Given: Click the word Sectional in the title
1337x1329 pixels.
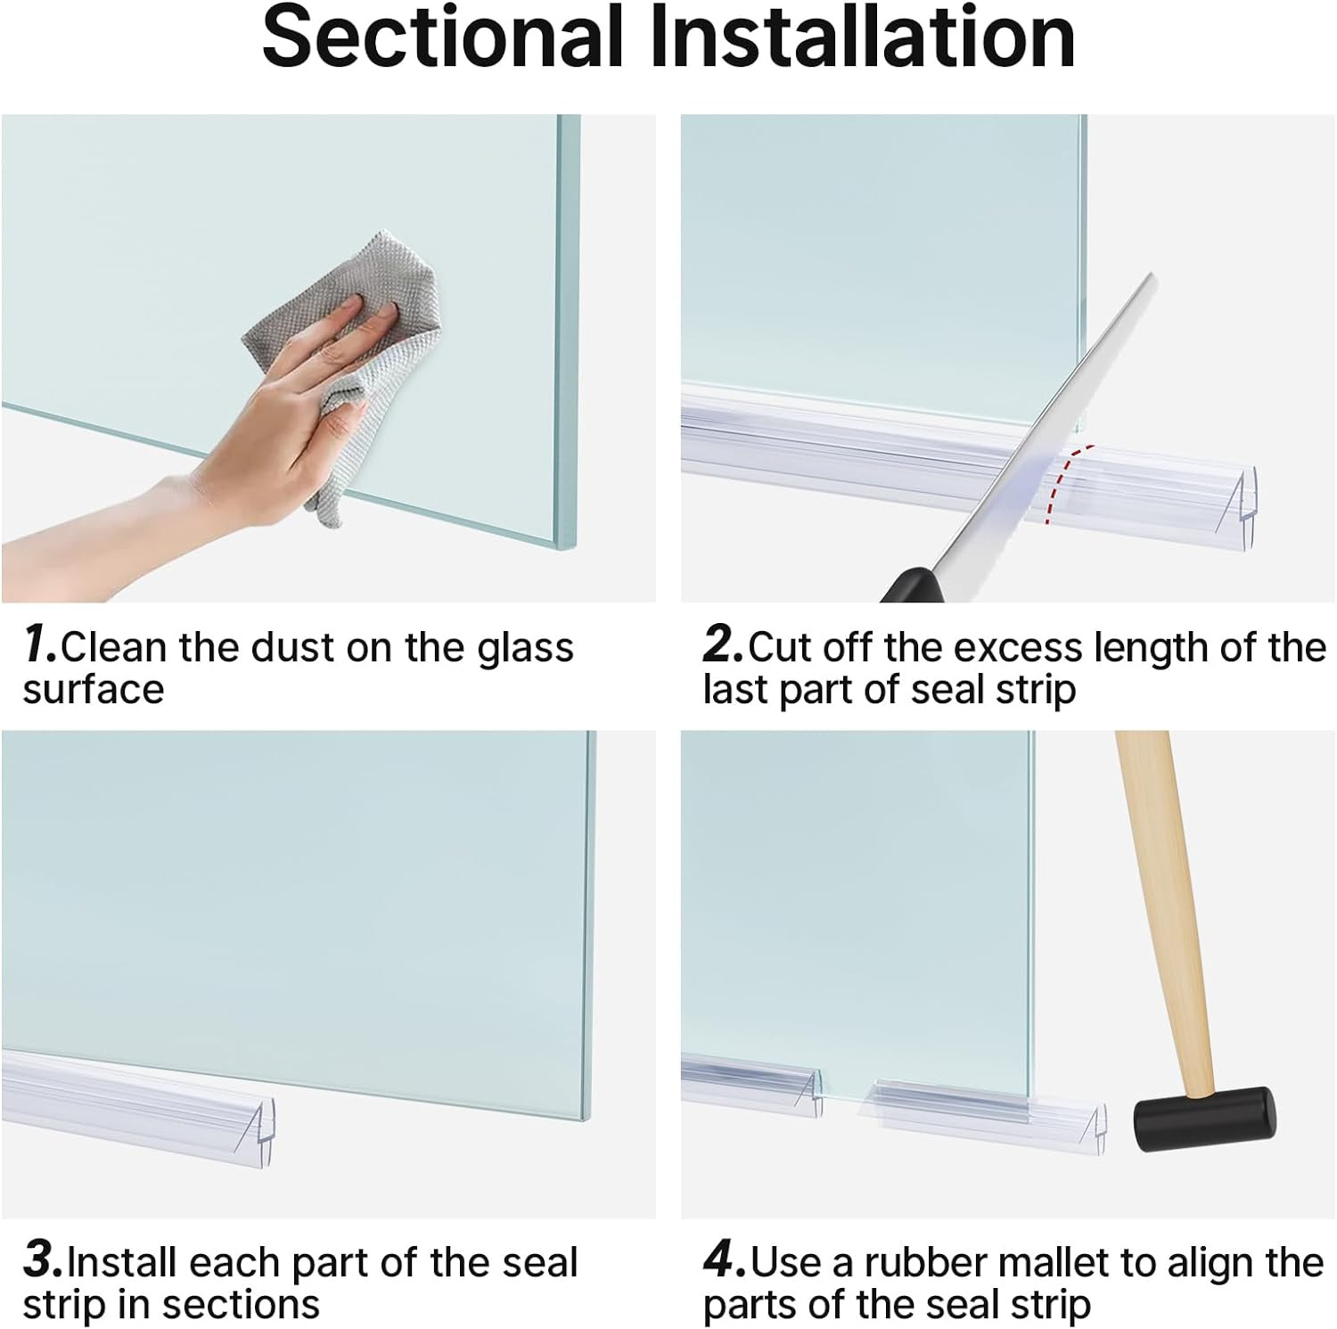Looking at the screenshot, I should pos(441,37).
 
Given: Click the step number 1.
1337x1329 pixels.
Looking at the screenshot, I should pos(39,644).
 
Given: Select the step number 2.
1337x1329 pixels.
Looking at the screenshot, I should pos(722,644).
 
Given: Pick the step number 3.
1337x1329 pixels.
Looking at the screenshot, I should pos(43,1260).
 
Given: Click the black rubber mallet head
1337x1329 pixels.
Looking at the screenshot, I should pos(1203,1120).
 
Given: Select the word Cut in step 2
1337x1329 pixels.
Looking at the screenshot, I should pos(781,648).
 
